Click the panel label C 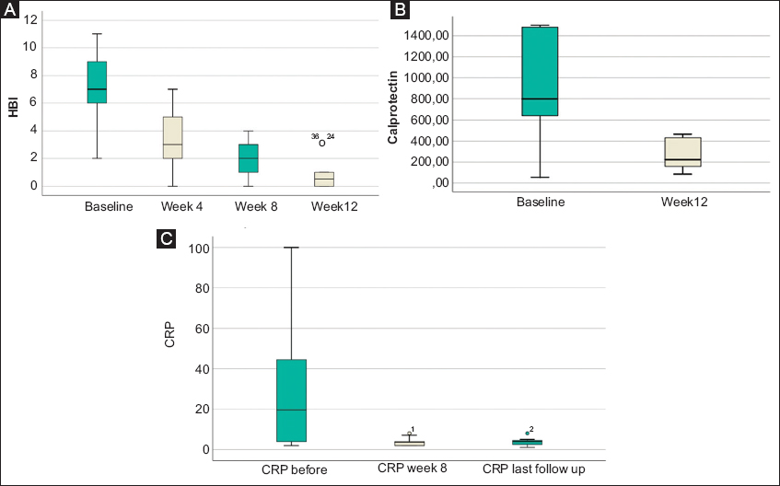166,240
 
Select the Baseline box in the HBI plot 97,82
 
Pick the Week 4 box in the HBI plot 172,137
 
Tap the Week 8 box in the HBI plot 248,158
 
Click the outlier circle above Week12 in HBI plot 322,143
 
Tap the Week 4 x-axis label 181,204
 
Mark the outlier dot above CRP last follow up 527,433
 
